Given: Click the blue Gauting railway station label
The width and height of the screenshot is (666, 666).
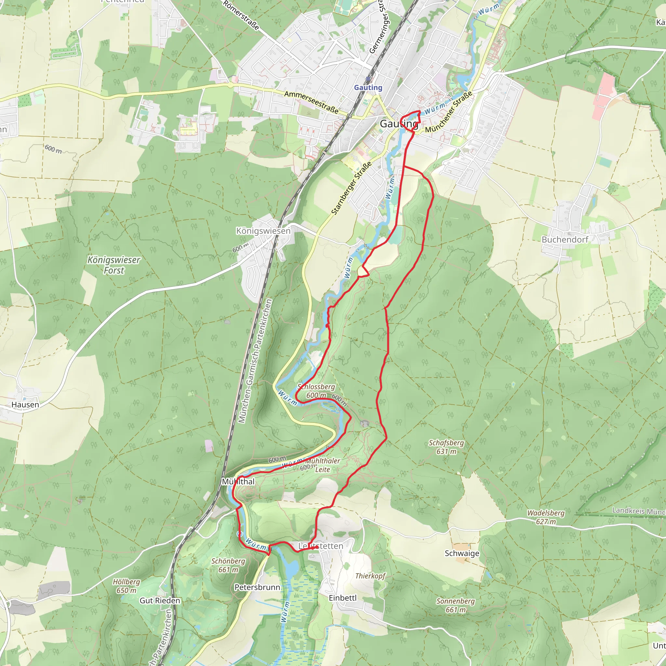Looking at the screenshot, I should tap(368, 87).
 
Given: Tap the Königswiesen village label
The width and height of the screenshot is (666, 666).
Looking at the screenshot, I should tap(263, 231).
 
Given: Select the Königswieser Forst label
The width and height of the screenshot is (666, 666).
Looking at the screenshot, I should tap(114, 265).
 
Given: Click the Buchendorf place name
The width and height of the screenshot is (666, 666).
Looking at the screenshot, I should tap(565, 239).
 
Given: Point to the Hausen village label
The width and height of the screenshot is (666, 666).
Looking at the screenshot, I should tap(25, 405).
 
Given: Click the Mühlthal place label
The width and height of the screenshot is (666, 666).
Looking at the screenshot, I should tap(238, 482).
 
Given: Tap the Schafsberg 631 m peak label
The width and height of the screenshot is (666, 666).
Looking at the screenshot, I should tap(446, 447).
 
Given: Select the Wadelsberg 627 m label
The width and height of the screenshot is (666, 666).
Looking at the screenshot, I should tap(546, 517).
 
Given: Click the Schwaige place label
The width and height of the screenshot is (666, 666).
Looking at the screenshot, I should tap(462, 553).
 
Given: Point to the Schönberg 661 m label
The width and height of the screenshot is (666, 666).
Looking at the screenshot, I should tap(228, 565).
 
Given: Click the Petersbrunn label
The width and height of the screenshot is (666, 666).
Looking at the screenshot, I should tap(257, 587).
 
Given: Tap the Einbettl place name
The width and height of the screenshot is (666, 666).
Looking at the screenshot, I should tap(343, 598).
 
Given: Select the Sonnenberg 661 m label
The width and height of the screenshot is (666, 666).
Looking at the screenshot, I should tap(455, 605).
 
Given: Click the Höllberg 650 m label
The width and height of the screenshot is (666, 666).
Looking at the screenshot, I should tap(127, 586).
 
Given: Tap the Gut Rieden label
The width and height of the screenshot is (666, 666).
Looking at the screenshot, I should tap(160, 601).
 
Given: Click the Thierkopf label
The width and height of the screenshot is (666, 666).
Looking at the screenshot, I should tap(370, 576).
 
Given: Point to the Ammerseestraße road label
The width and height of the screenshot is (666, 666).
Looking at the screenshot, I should tap(311, 102).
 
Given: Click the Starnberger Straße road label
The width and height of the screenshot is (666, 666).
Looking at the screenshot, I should tap(351, 188).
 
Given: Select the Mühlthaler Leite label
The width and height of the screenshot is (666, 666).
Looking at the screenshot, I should tap(322, 465).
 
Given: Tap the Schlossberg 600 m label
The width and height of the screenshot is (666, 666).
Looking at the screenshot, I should tap(316, 391).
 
